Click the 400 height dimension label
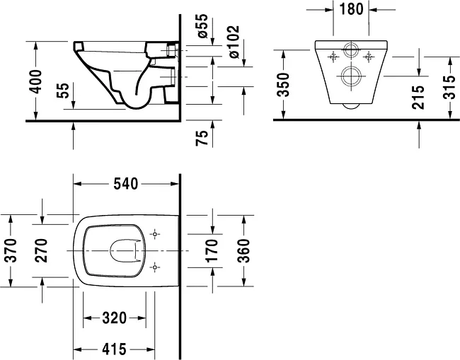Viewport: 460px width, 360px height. [36, 82]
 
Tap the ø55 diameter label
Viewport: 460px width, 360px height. [202, 25]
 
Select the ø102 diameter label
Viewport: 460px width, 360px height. [234, 42]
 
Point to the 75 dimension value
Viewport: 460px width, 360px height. [202, 138]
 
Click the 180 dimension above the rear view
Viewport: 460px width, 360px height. [351, 9]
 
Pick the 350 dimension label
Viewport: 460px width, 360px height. [284, 85]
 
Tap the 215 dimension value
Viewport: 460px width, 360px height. [418, 98]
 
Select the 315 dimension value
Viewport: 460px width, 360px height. [449, 88]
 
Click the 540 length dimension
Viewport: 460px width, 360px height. [125, 184]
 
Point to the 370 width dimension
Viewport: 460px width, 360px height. [11, 250]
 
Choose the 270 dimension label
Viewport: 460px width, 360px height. [41, 250]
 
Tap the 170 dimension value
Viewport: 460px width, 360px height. [212, 250]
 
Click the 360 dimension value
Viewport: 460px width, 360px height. [243, 250]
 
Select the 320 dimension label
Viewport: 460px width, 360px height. [115, 318]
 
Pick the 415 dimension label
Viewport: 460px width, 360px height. [115, 349]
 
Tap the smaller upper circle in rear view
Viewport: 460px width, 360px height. [351, 50]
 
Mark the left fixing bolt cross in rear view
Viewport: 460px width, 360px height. [333, 57]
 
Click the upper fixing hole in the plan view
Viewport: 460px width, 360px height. [154, 234]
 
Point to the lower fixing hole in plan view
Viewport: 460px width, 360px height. [154, 267]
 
